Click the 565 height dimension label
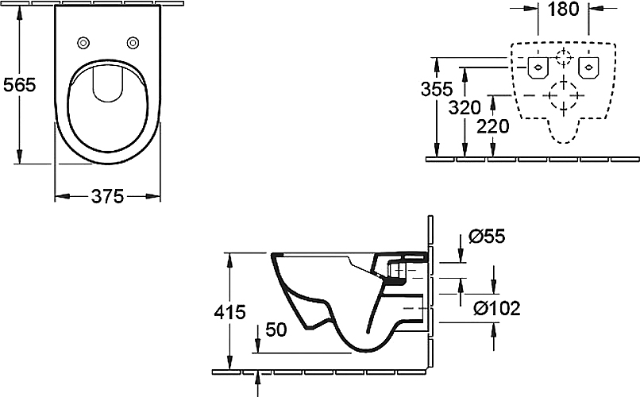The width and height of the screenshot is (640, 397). pyautogui.click(x=20, y=85)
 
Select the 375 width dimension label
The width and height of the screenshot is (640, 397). pyautogui.click(x=107, y=197)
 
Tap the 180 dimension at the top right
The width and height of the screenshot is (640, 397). pyautogui.click(x=563, y=9)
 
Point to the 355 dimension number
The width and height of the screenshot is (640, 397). pyautogui.click(x=437, y=89)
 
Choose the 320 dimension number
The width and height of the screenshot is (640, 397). pyautogui.click(x=465, y=108)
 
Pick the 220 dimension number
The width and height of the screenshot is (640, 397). pyautogui.click(x=493, y=126)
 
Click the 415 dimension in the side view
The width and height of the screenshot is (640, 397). pyautogui.click(x=230, y=312)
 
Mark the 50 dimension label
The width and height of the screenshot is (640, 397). pyautogui.click(x=276, y=330)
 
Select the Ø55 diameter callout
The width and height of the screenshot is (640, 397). pyautogui.click(x=487, y=236)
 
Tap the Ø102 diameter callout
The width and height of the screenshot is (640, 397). pyautogui.click(x=497, y=308)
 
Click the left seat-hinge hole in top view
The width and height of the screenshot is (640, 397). pyautogui.click(x=83, y=42)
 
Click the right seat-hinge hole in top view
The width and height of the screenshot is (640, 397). pyautogui.click(x=133, y=42)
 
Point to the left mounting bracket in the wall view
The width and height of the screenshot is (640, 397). pyautogui.click(x=538, y=67)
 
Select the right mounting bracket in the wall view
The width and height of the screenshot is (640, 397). pyautogui.click(x=588, y=67)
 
